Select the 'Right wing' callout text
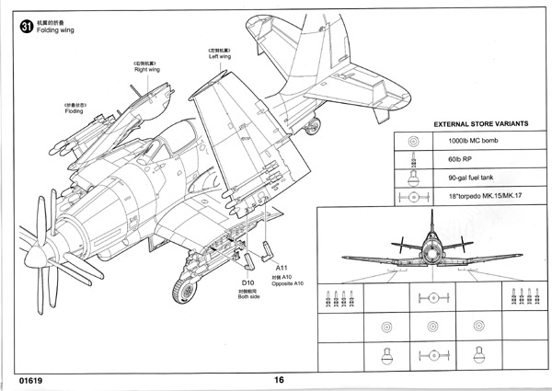145,69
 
